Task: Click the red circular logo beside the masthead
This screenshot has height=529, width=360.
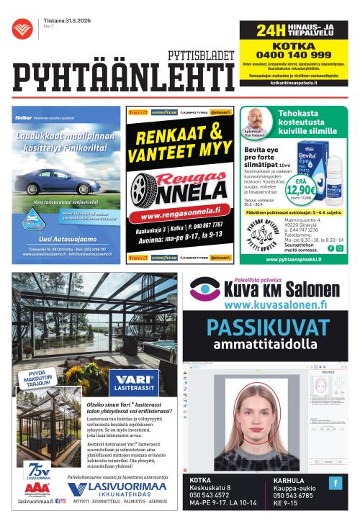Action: [x=22, y=30]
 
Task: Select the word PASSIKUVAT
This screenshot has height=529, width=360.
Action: [x=263, y=327]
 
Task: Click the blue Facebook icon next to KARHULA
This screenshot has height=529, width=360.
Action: [x=336, y=483]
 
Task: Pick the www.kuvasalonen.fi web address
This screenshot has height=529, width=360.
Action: [x=263, y=305]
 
